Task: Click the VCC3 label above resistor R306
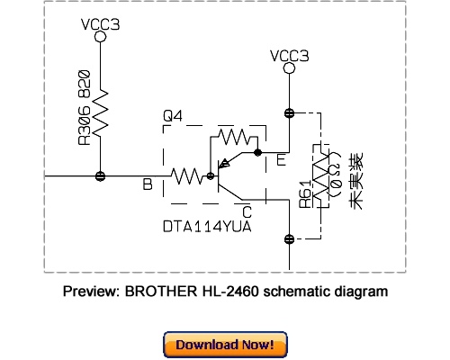tap(100, 24)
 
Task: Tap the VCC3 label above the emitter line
tap(288, 57)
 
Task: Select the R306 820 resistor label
tap(84, 107)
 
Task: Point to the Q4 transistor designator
tap(173, 116)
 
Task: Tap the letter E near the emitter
tap(281, 160)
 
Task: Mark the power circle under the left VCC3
tap(100, 39)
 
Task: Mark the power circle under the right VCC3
tap(288, 72)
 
